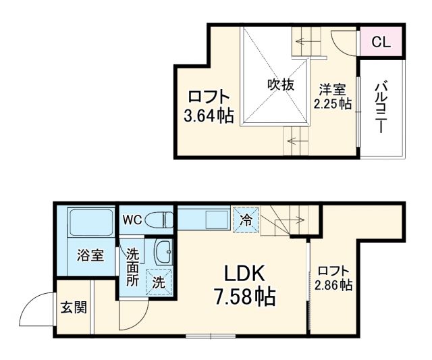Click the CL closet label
(x=381, y=42)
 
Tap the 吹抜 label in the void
(x=279, y=85)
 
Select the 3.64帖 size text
(x=209, y=116)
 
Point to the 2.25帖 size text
(x=332, y=103)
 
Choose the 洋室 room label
(x=332, y=88)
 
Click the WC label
(x=132, y=219)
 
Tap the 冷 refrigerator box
(x=246, y=219)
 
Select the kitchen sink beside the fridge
(x=215, y=220)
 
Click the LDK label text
(x=247, y=274)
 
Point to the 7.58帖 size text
(x=247, y=297)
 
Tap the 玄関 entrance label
(x=74, y=308)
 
